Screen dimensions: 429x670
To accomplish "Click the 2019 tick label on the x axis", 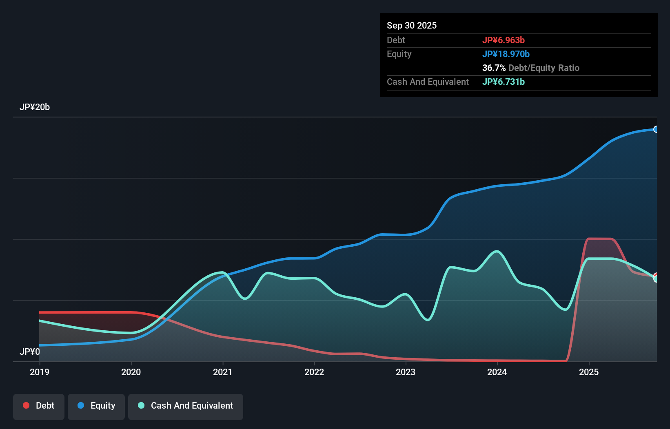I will coord(40,372).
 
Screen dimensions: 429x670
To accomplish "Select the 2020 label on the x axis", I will coord(131,372).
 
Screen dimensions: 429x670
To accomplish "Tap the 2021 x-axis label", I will coord(223,372).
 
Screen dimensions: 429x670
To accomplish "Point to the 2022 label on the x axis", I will coord(314,372).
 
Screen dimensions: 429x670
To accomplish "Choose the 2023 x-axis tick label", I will coord(406,372).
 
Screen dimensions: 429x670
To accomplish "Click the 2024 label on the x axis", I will coord(497,372).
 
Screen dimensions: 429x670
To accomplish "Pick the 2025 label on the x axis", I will coord(589,372).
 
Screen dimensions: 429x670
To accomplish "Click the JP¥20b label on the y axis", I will coord(35,107).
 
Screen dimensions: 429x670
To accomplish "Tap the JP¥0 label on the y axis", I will coord(30,352).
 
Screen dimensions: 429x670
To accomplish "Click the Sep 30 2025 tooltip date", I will coord(412,25).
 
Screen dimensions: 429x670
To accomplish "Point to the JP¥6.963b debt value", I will coord(504,40).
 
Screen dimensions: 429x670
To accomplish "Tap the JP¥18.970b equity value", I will coord(506,54).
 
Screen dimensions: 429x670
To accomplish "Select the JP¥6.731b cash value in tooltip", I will coord(504,82).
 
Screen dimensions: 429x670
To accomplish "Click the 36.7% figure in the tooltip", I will coord(494,68).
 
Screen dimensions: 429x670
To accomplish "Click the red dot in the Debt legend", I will coord(26,405).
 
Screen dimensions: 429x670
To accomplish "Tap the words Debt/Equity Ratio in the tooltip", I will coord(544,68).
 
